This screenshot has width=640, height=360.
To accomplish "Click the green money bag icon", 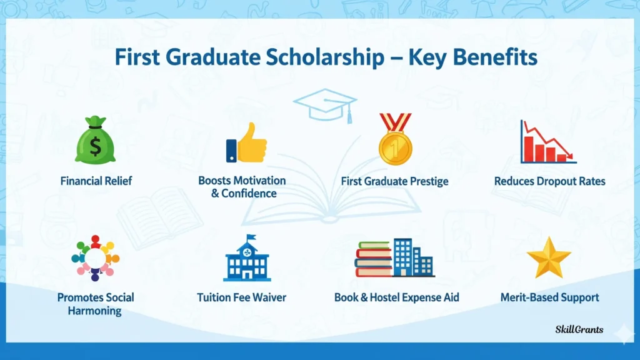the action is point(95,140).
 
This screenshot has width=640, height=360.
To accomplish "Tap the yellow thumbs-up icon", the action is point(246,142).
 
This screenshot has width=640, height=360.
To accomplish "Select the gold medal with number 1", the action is point(395,139).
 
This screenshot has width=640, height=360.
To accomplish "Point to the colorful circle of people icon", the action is point(95,258).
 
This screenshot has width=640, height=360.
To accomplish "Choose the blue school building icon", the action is point(247,258).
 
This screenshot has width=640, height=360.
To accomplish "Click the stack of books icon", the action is point(374,259).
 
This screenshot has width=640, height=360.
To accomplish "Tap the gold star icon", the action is point(549,258).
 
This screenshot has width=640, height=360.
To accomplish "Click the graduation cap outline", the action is point(325,106).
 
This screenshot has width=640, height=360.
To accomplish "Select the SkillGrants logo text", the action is point(579,329).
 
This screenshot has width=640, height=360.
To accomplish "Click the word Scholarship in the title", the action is point(325,57).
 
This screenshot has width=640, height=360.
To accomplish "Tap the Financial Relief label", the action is point(96,181).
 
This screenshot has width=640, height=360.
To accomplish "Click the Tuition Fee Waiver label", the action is point(242,297).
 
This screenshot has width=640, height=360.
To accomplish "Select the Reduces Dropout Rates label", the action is point(550,181).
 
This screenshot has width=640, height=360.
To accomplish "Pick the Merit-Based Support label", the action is point(550,297).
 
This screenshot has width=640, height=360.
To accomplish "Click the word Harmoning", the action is point(95,311).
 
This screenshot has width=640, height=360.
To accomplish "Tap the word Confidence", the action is point(249,193).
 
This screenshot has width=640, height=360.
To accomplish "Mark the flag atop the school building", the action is point(251,237).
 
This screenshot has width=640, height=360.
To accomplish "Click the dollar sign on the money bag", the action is point(95,146).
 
